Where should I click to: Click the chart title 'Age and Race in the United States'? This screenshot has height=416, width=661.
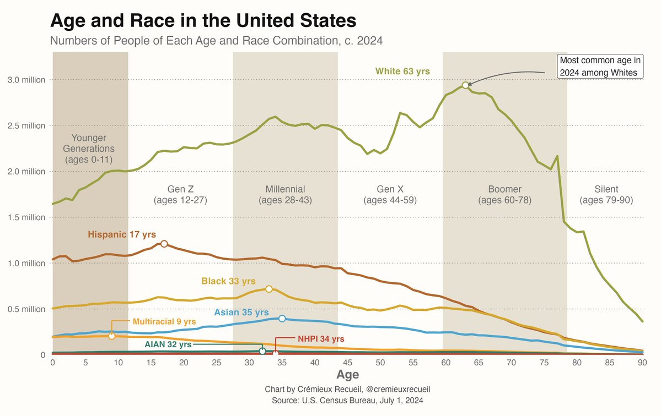point(203,21)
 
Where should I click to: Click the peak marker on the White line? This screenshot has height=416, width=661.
point(465,85)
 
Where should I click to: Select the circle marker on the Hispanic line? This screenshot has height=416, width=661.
point(164,244)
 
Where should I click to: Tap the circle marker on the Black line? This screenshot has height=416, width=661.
point(269,289)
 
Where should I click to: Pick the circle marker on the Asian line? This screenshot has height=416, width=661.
point(282,319)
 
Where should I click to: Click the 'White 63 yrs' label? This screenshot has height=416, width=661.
point(402,71)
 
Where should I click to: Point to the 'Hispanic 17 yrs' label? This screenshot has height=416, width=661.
point(122,234)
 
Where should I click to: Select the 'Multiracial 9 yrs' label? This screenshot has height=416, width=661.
point(164,321)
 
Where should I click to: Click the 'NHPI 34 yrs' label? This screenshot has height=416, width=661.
point(321,338)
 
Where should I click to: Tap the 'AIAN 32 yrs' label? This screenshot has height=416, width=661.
point(168,344)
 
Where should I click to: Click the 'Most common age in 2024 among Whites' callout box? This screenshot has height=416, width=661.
point(600,66)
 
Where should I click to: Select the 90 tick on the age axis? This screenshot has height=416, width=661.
point(642,363)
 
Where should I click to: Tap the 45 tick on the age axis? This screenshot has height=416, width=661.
point(347,363)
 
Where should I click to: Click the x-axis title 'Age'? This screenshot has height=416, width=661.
point(347,375)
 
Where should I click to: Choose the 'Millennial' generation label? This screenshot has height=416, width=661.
point(285,189)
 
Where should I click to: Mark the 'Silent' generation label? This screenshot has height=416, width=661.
point(606,189)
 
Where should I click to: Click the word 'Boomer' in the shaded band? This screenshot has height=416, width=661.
point(504,189)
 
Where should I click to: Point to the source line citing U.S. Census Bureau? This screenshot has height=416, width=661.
point(347,400)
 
